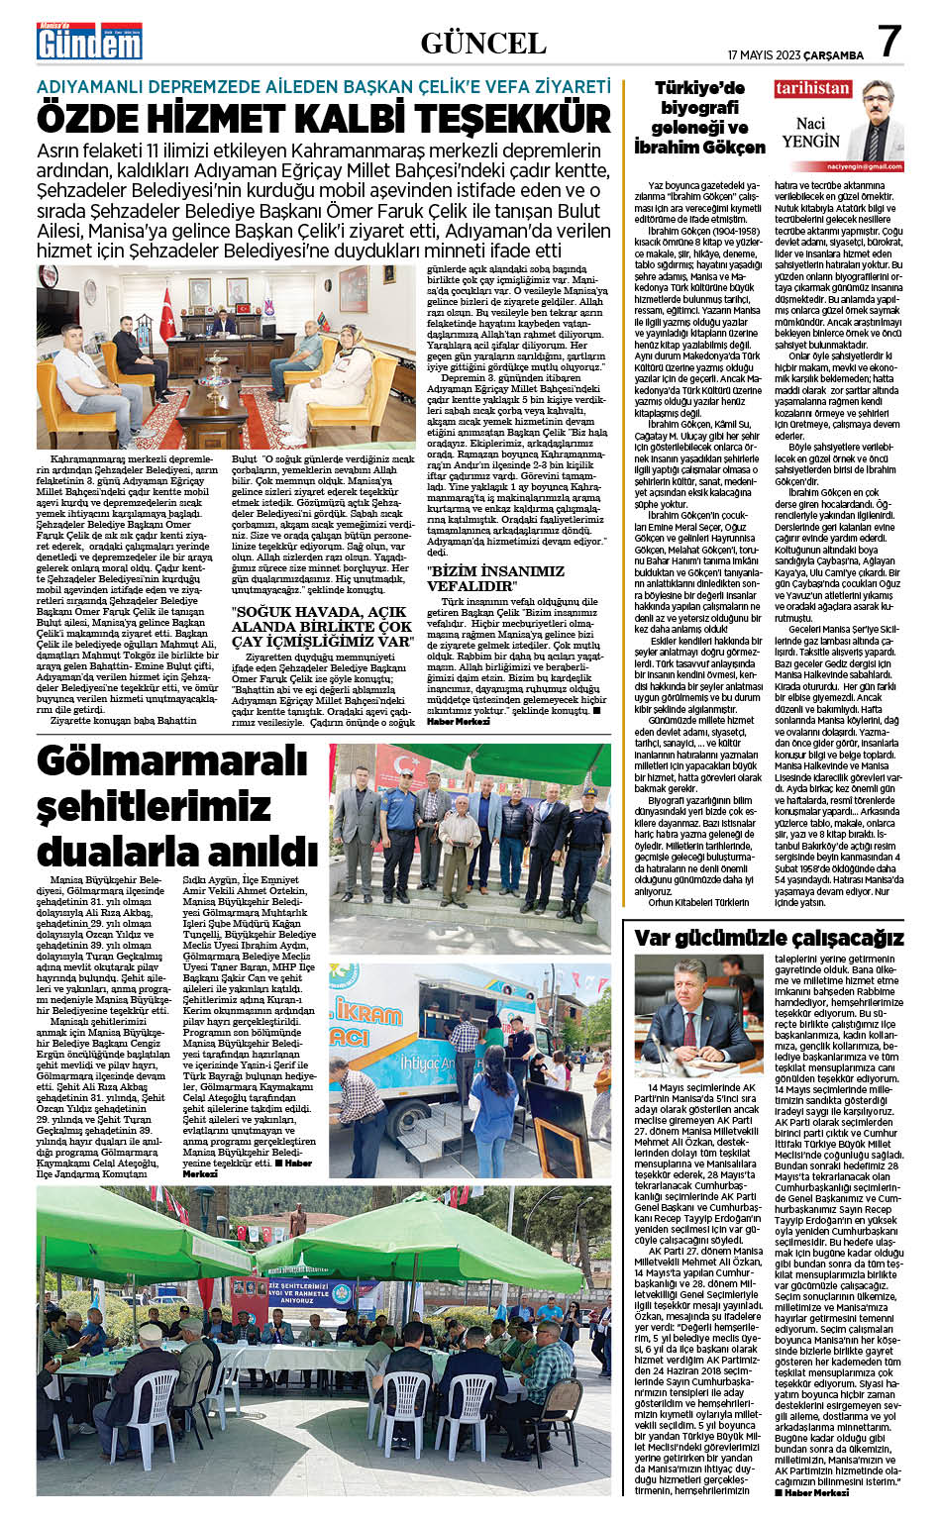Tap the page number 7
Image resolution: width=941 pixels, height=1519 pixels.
(x=889, y=42)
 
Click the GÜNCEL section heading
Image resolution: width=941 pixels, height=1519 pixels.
(x=482, y=44)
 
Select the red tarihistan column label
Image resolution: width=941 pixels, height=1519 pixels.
(x=812, y=89)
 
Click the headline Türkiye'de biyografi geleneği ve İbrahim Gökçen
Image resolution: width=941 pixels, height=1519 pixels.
(x=698, y=117)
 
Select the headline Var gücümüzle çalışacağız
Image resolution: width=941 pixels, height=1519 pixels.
(x=768, y=937)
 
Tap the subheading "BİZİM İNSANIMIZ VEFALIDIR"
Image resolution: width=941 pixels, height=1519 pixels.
(x=495, y=578)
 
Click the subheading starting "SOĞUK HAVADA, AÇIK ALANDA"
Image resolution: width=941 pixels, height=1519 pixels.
(x=322, y=627)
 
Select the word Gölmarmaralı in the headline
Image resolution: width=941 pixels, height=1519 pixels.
(x=158, y=763)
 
